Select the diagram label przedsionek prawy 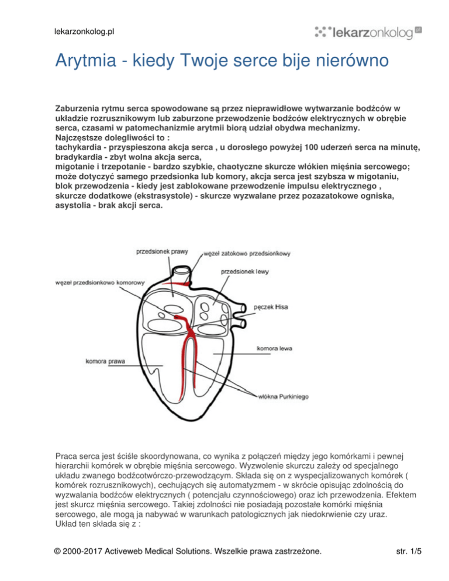click(x=162, y=252)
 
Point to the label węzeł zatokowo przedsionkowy click(x=247, y=254)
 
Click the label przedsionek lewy click(x=245, y=271)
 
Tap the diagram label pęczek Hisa click(x=271, y=306)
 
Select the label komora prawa click(x=106, y=361)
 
